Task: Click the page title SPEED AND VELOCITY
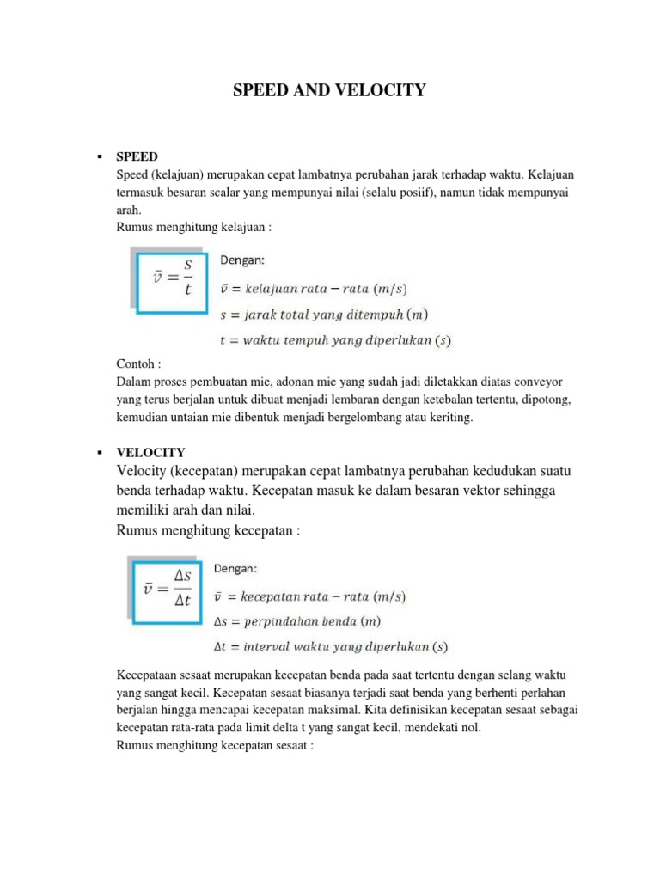[329, 89]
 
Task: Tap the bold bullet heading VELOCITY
[150, 452]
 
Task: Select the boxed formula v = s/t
[172, 277]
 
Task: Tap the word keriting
[453, 418]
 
